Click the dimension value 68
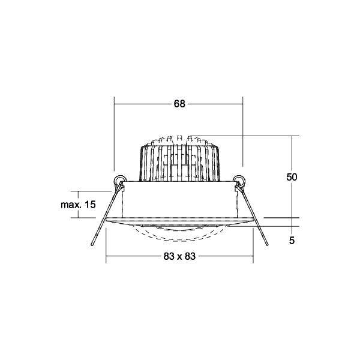coord(179,104)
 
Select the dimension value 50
coord(292,177)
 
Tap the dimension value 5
coord(292,241)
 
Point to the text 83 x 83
coord(179,256)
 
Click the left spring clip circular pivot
coord(119,179)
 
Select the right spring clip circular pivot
coord(239,179)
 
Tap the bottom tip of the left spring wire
coord(92,245)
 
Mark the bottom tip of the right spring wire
coord(267,245)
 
